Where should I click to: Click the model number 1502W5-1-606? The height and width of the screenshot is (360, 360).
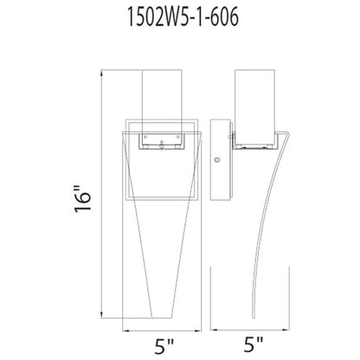click(180, 18)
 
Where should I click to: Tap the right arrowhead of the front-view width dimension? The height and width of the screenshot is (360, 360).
click(207, 328)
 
